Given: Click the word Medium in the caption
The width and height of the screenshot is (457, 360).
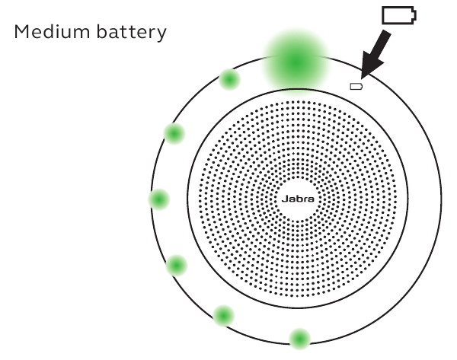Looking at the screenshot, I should (x=56, y=34).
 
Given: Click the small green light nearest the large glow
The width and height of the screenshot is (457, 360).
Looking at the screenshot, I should (x=228, y=78).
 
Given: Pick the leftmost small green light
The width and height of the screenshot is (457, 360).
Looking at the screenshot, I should (x=158, y=199).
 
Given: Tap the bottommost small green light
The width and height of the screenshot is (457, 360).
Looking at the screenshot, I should (x=300, y=337).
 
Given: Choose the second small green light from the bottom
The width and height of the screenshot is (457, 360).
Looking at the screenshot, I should (x=224, y=314).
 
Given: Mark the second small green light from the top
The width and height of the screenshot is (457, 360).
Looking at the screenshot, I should (x=175, y=134).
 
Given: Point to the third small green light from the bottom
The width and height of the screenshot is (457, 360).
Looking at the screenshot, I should (x=176, y=266).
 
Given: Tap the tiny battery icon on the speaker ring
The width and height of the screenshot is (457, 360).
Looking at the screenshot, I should (x=356, y=87).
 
